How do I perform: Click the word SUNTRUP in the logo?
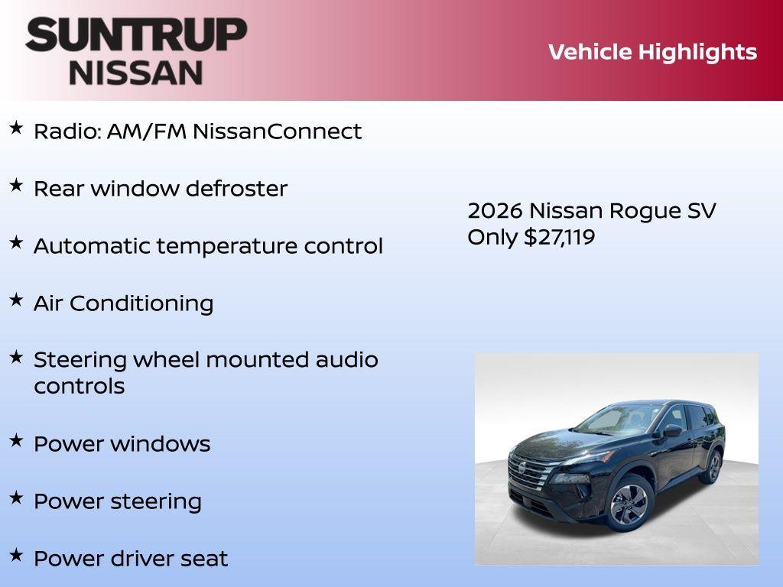[x=136, y=35]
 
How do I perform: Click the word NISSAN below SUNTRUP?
[x=136, y=72]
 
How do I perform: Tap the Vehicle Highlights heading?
[x=652, y=52]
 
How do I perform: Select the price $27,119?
[x=559, y=237]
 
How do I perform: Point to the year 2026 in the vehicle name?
[x=495, y=211]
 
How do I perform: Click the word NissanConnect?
[x=277, y=131]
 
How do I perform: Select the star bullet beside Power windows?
[x=16, y=440]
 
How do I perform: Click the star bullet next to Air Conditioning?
[x=16, y=300]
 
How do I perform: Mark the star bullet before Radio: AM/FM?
[x=16, y=128]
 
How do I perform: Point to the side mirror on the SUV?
[x=672, y=431]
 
